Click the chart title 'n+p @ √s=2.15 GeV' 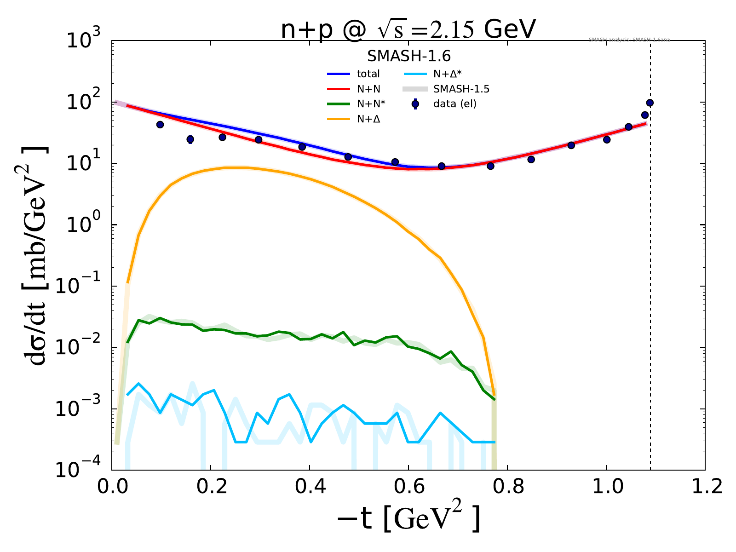coord(408,30)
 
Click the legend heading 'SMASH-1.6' coord(408,56)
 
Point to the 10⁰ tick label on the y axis coord(86,224)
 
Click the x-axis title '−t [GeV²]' coord(408,519)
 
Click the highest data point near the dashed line coord(650,103)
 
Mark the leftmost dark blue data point coord(160,125)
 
